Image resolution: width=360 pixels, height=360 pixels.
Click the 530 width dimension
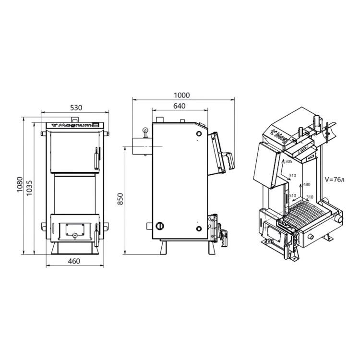coord(76,108)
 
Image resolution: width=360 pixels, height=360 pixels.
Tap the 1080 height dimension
coord(20,185)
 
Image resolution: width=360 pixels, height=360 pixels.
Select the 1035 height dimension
coord(29,188)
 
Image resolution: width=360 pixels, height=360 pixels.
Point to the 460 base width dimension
coord(74,261)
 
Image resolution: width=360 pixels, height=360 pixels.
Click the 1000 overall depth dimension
coord(182,95)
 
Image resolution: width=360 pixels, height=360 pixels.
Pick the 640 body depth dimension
coord(180,106)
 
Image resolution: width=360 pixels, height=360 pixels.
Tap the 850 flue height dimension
coord(120,199)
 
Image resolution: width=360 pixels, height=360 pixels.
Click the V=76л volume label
coord(335,180)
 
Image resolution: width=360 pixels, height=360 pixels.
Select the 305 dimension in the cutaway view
coord(288,161)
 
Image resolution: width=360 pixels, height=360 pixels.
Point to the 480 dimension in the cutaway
coord(307,184)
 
